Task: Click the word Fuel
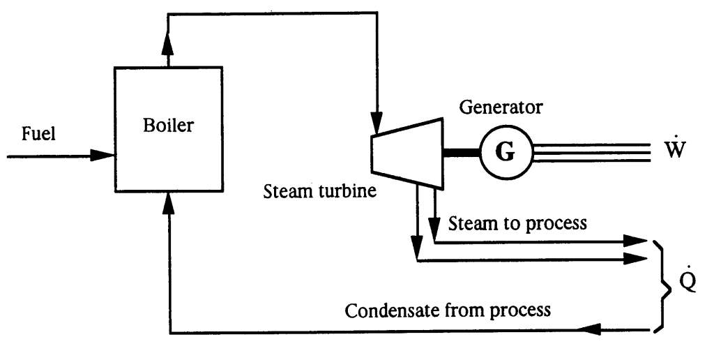click(36, 134)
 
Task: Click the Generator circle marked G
click(506, 151)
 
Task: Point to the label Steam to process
click(509, 225)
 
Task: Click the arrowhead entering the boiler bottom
click(169, 201)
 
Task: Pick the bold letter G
click(506, 151)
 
